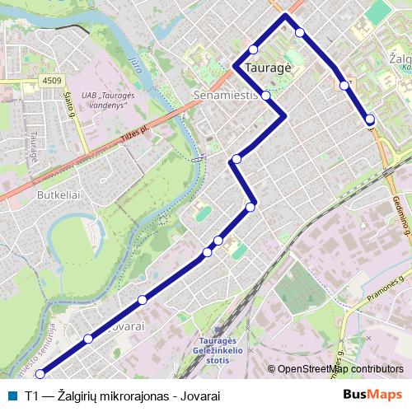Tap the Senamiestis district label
[226, 96]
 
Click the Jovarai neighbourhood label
[125, 326]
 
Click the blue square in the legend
[10, 396]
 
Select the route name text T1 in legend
[32, 396]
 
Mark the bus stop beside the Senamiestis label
[265, 95]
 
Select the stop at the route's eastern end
[370, 119]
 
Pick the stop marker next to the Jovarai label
[88, 339]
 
